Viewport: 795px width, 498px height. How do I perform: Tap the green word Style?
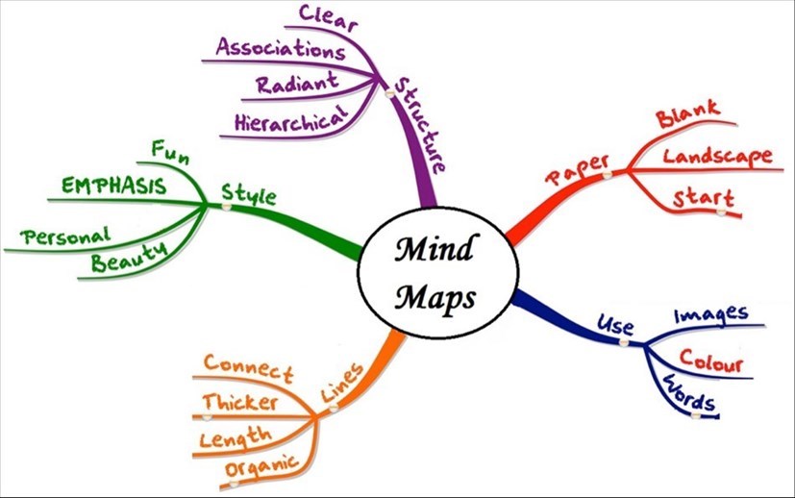pyautogui.click(x=248, y=196)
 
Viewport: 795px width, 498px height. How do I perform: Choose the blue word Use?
pyautogui.click(x=616, y=322)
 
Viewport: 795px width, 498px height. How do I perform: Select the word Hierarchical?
pyautogui.click(x=289, y=119)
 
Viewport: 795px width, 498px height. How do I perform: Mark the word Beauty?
pyautogui.click(x=129, y=257)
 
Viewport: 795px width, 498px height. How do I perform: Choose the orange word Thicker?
pyautogui.click(x=242, y=401)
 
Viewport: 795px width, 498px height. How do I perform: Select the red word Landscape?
pyautogui.click(x=717, y=156)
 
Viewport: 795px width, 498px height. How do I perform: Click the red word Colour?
pyautogui.click(x=710, y=363)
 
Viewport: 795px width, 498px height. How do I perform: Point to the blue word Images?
pyautogui.click(x=710, y=314)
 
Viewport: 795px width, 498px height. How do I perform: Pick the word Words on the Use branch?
pyautogui.click(x=689, y=394)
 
